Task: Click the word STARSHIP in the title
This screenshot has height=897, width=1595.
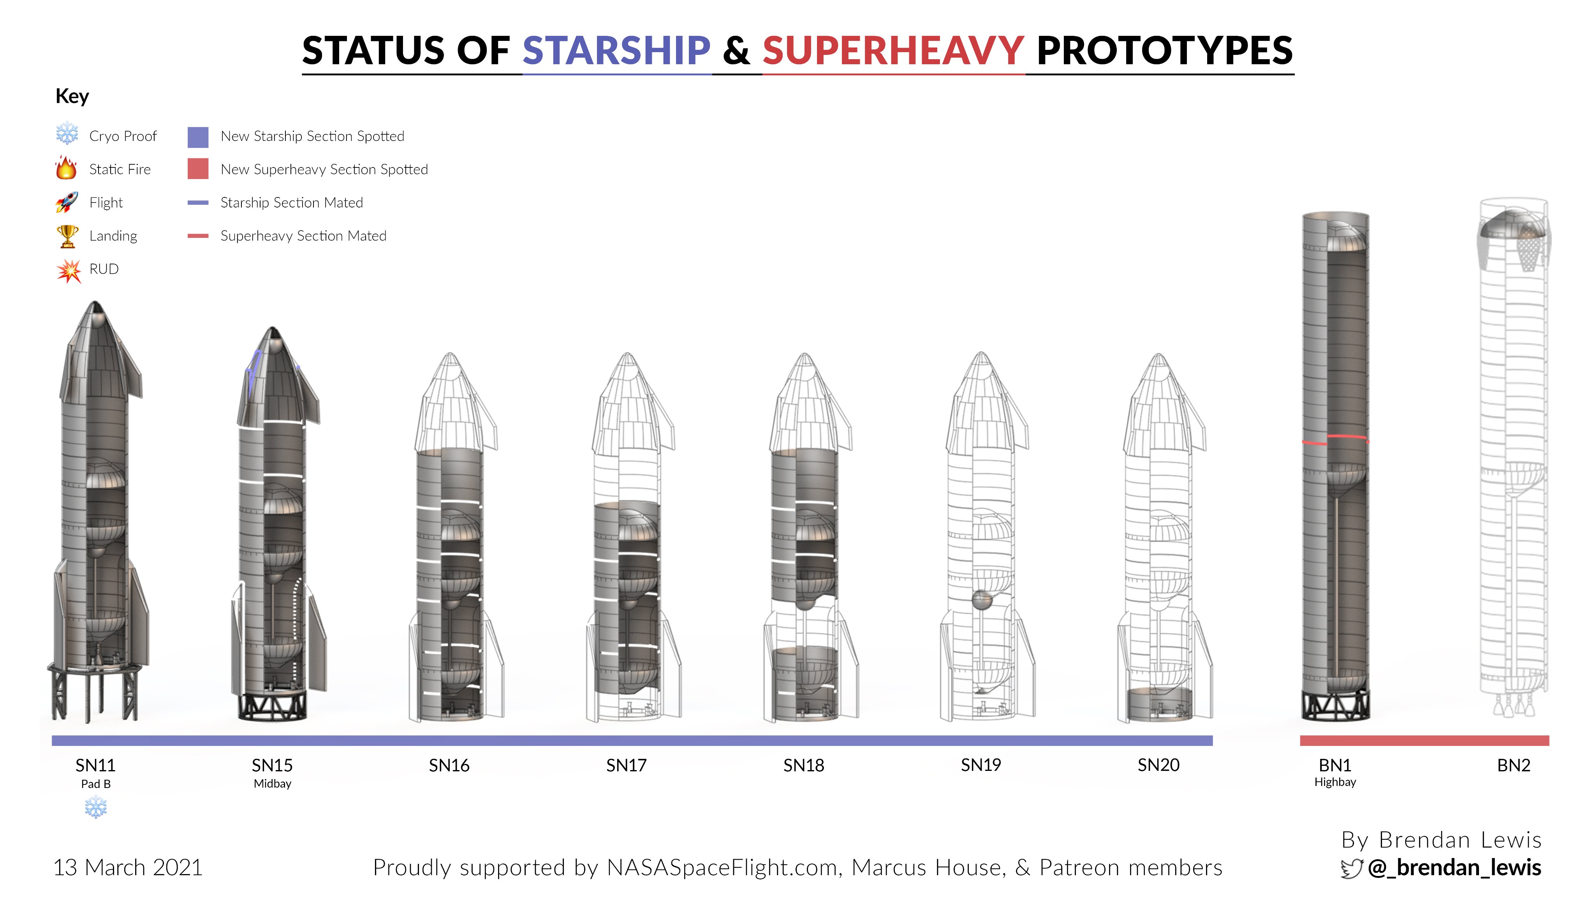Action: click(616, 50)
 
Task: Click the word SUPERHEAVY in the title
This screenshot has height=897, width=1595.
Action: click(893, 50)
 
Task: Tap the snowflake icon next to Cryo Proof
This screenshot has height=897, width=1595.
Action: click(67, 134)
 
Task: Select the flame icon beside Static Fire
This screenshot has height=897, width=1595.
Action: click(66, 168)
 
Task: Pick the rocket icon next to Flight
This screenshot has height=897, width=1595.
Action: click(67, 202)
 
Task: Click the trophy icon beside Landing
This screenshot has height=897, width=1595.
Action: click(67, 236)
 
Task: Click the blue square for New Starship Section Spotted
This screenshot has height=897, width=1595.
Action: click(198, 137)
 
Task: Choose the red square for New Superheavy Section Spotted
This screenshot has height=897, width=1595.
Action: click(198, 169)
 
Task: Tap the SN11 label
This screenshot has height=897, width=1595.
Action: click(95, 766)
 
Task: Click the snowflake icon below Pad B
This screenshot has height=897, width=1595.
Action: click(96, 807)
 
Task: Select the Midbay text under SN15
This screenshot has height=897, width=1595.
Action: click(273, 784)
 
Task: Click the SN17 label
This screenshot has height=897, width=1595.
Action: click(627, 766)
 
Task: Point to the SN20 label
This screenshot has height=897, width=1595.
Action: click(1158, 765)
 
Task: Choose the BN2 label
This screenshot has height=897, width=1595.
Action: click(1514, 766)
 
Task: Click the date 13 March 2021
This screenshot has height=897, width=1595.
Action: click(128, 868)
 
